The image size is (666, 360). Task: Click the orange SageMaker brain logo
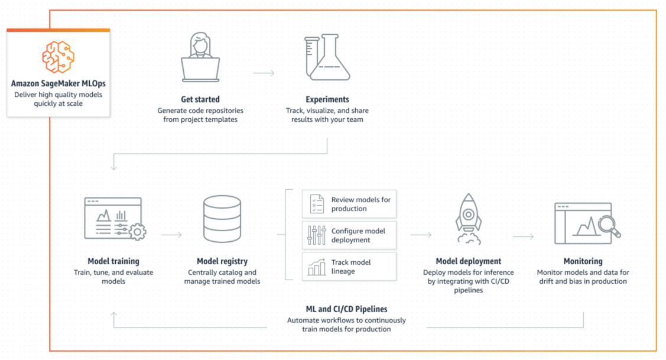click(x=58, y=57)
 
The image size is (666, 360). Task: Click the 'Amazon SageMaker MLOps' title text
click(x=58, y=83)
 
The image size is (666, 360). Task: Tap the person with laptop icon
click(x=200, y=57)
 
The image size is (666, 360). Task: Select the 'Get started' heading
click(x=200, y=99)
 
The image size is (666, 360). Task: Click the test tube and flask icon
click(x=327, y=57)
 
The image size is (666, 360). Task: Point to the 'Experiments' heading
click(x=327, y=99)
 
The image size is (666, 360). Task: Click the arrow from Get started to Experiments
click(x=264, y=73)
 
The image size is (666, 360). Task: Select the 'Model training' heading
click(x=113, y=261)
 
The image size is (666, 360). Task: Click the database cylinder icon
click(x=222, y=220)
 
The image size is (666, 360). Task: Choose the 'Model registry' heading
click(x=222, y=261)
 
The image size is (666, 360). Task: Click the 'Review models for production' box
click(x=349, y=204)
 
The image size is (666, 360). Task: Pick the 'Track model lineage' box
click(x=349, y=267)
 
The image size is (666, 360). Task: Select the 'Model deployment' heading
click(x=469, y=261)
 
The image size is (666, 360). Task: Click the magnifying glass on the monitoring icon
click(x=609, y=225)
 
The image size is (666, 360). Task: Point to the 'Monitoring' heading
click(x=583, y=261)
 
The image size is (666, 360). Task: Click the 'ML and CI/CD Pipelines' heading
click(x=346, y=309)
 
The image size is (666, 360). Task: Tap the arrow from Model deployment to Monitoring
click(x=523, y=236)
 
